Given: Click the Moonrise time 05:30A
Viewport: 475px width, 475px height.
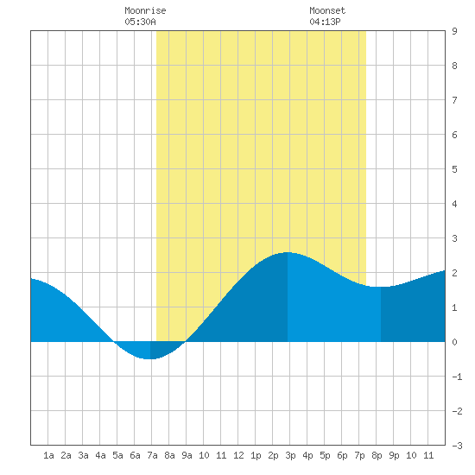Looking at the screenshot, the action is [x=140, y=22].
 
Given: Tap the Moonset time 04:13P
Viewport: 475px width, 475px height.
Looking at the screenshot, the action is [x=325, y=22].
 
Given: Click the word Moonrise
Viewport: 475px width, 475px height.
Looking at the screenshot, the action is [x=145, y=10].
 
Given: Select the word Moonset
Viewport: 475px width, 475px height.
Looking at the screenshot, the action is [x=327, y=10].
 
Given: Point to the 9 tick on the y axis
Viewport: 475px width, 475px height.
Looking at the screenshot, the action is [x=454, y=31].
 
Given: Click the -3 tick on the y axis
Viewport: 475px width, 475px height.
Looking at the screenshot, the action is [x=457, y=446].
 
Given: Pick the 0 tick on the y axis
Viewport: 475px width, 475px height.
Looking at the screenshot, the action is [x=454, y=342].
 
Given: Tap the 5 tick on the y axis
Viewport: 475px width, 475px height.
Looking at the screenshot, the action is [x=454, y=169].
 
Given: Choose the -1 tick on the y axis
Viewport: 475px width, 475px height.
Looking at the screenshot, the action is [x=457, y=377].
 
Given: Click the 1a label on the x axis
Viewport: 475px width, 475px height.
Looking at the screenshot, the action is [x=48, y=455].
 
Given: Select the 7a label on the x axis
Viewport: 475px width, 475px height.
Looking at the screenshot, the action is [x=152, y=455].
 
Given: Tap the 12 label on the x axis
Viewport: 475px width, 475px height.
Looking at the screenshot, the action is [x=238, y=455].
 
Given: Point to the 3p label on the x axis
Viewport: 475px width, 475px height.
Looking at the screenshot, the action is [x=290, y=455].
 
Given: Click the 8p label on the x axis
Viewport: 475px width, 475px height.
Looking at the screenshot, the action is [x=377, y=455].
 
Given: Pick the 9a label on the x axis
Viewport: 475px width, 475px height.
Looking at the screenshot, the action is [x=187, y=455].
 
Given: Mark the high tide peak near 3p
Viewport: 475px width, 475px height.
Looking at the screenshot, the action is [x=288, y=252].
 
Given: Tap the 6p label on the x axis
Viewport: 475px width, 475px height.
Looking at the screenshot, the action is [x=342, y=455].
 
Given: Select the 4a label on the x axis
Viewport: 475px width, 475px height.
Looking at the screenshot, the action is [x=100, y=455].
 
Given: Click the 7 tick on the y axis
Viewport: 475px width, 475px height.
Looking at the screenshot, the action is [x=454, y=100].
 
